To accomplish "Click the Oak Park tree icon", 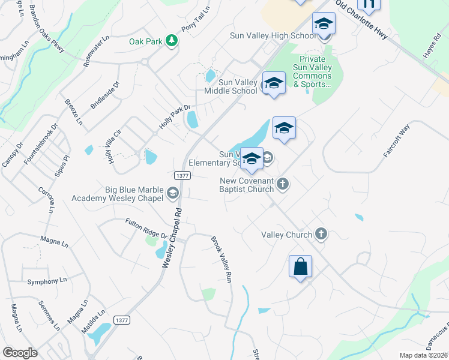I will coord(172,41).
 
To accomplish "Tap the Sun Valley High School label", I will coord(272,35).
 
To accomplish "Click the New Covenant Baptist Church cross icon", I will coord(283,184).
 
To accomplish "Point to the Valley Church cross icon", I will coord(321,234).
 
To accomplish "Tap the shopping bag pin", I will coord(300,266).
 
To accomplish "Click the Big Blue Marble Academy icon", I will coord(173,192).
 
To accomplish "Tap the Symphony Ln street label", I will coord(47,281).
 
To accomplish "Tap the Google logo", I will coord(20,352).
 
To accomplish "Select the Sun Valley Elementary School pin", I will coord(252,158).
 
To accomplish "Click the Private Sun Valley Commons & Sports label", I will coord(312,72).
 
